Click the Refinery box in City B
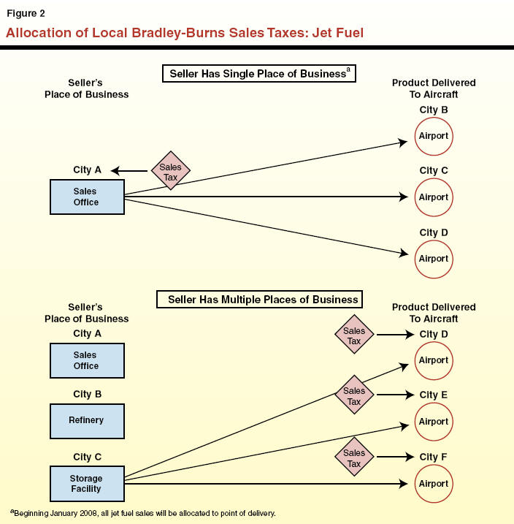pyautogui.click(x=86, y=420)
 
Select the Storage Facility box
pyautogui.click(x=86, y=484)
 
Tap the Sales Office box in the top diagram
pyautogui.click(x=86, y=197)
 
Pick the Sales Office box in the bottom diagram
pyautogui.click(x=86, y=360)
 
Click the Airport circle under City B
pyautogui.click(x=433, y=136)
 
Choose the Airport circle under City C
pyautogui.click(x=433, y=197)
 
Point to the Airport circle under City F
pyautogui.click(x=433, y=484)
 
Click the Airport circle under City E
pyautogui.click(x=433, y=422)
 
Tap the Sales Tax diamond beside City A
pyautogui.click(x=170, y=172)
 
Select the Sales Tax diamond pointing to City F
pyautogui.click(x=354, y=458)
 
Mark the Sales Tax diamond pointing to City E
pyautogui.click(x=354, y=396)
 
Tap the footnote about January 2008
pyautogui.click(x=143, y=514)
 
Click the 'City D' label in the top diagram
pyautogui.click(x=433, y=233)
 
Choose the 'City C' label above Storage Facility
pyautogui.click(x=87, y=457)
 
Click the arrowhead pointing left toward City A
pyautogui.click(x=115, y=171)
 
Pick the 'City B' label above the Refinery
pyautogui.click(x=87, y=395)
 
